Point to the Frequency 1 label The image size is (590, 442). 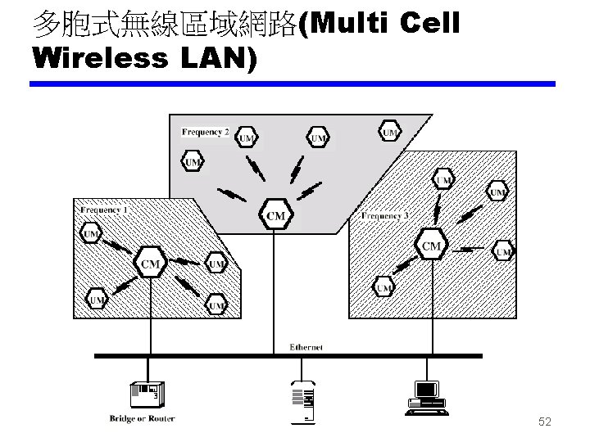[x=104, y=210]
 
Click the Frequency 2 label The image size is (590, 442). [x=206, y=131]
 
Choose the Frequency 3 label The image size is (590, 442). [x=385, y=216]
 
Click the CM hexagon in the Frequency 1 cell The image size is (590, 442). [x=150, y=262]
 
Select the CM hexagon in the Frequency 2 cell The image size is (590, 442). [x=276, y=214]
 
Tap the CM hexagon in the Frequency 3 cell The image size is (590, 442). [x=431, y=245]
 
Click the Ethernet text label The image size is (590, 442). [x=306, y=347]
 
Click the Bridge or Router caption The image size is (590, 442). [x=142, y=419]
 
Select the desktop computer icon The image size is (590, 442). [x=426, y=394]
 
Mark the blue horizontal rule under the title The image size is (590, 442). [x=293, y=83]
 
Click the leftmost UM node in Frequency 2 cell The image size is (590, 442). [x=193, y=161]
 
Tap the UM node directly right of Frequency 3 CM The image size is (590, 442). [x=503, y=251]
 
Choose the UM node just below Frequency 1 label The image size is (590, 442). [x=92, y=235]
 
